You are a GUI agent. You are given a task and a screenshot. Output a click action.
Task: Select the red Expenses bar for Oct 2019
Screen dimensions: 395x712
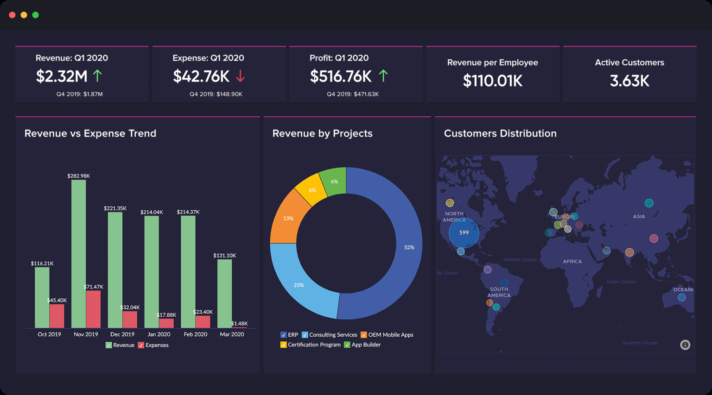[57, 316]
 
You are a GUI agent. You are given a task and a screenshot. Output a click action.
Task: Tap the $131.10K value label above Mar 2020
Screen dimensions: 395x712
[224, 256]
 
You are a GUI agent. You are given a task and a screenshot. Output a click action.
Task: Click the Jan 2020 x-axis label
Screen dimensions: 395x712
[159, 334]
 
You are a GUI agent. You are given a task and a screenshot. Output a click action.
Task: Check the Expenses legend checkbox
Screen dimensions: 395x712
[141, 345]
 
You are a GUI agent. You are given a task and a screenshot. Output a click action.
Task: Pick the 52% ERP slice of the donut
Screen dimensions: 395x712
[399, 259]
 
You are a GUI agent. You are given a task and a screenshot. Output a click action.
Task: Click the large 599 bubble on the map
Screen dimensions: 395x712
[464, 233]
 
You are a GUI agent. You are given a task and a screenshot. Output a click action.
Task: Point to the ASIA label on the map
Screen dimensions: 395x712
[639, 217]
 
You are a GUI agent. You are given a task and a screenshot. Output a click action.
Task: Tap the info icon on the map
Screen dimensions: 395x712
[685, 345]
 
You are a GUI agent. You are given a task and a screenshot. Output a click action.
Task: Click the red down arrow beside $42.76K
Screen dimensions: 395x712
[240, 76]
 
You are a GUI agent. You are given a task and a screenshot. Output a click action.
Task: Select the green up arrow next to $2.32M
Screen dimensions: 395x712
[97, 75]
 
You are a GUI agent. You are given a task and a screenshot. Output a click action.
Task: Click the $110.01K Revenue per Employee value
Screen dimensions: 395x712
[492, 81]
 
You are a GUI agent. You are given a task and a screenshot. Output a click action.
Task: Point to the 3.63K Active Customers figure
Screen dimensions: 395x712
[629, 81]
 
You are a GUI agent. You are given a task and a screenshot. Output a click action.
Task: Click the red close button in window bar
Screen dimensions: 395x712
[12, 15]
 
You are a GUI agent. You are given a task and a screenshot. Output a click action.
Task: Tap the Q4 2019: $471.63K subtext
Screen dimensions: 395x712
[353, 94]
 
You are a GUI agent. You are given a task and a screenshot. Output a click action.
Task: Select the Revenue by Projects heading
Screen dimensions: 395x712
[322, 133]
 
